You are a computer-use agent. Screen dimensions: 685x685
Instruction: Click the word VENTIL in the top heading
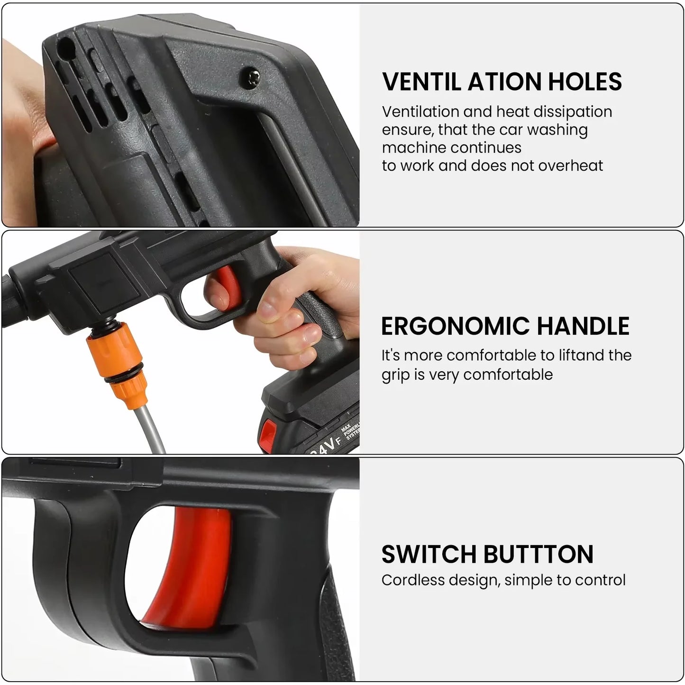[421, 82]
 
